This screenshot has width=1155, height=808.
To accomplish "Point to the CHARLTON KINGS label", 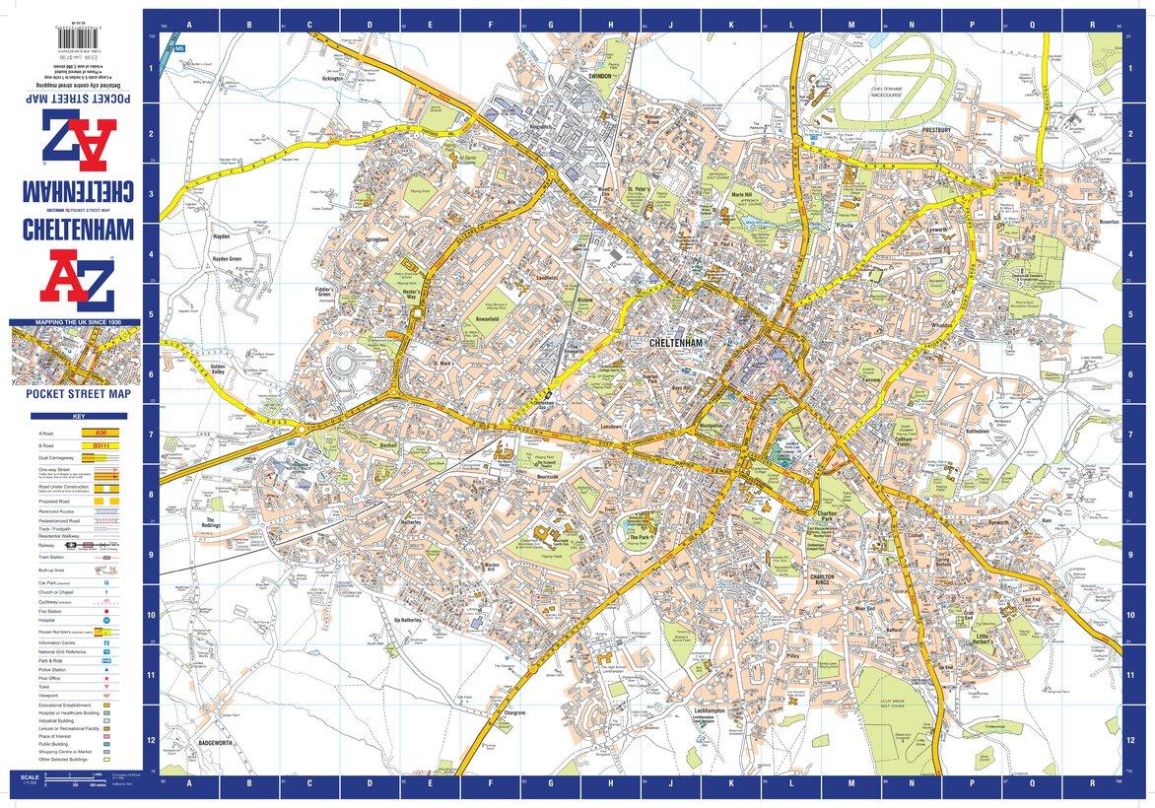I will (823, 579).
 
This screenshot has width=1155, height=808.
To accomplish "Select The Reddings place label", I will (210, 522).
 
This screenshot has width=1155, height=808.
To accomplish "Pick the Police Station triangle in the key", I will (103, 669).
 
